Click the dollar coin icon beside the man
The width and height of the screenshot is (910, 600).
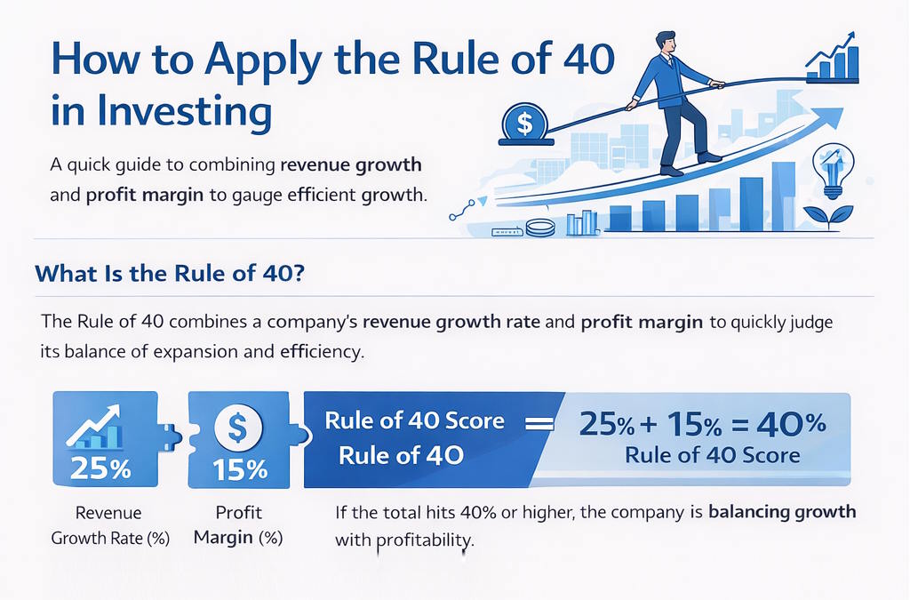tap(523, 124)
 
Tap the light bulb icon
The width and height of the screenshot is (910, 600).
tap(833, 169)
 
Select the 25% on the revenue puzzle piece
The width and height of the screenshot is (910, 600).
tap(100, 467)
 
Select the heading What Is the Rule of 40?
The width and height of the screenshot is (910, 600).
tap(171, 274)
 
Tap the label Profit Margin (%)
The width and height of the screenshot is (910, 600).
tap(238, 525)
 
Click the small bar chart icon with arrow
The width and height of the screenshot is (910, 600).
tap(834, 58)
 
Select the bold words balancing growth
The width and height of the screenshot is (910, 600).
tap(783, 512)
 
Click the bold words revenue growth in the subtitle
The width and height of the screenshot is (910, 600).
tap(351, 165)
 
